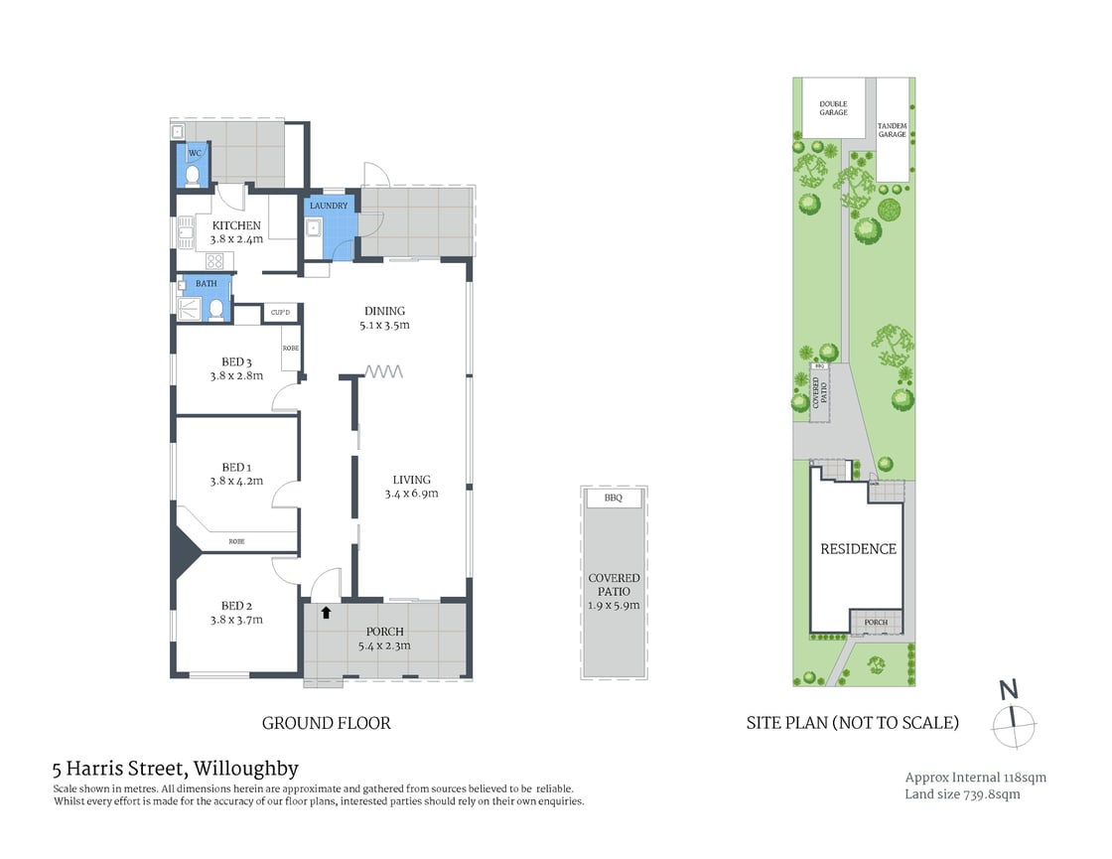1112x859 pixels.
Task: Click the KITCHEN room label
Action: coord(235,225)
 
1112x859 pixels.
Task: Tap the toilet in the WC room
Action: coord(195,177)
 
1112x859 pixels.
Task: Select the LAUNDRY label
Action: coord(329,206)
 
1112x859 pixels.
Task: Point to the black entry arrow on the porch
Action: coord(326,613)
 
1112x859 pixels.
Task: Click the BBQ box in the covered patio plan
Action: coord(613,499)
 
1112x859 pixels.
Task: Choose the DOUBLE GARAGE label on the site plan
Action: coord(833,107)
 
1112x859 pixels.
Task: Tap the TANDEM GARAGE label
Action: coord(892,129)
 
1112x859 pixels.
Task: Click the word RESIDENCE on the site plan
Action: coord(858,548)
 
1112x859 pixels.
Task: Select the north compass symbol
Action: coord(1012,715)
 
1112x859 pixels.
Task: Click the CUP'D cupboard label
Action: coord(280,314)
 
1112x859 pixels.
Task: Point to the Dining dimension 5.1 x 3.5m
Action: coord(384,325)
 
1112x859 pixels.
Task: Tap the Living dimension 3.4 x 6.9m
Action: coord(411,493)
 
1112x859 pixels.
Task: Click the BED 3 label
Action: coord(235,361)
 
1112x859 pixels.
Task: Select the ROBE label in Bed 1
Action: coord(236,541)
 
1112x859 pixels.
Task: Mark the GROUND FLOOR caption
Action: coord(326,723)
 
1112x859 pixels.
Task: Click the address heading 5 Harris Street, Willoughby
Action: coord(175,768)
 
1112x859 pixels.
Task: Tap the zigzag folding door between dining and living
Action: coord(384,371)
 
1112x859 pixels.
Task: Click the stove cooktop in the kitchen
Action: coord(214,261)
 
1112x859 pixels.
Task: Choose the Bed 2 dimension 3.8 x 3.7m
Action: coord(235,620)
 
